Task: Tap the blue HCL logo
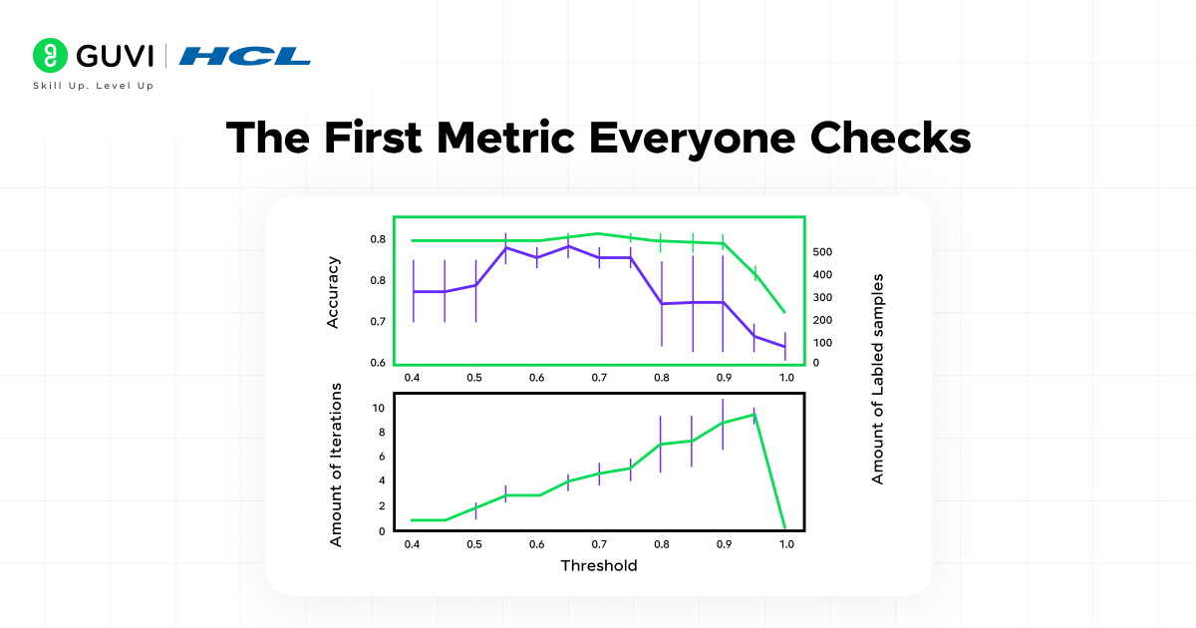[x=245, y=55]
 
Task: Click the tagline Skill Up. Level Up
[x=94, y=86]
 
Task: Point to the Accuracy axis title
[x=334, y=292]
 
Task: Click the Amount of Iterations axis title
[x=336, y=464]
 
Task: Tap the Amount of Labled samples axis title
[x=878, y=379]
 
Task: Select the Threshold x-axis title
[x=598, y=565]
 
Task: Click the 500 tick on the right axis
[x=823, y=252]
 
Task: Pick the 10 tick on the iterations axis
[x=378, y=408]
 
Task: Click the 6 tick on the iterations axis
[x=380, y=457]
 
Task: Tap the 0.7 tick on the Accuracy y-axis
[x=378, y=322]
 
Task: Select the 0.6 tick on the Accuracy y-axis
[x=378, y=363]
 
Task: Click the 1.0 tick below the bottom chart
[x=786, y=544]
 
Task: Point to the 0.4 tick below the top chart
[x=412, y=379]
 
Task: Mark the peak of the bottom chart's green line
[x=754, y=414]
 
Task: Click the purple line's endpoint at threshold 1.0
[x=785, y=347]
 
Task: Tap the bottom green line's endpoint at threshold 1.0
[x=785, y=527]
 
